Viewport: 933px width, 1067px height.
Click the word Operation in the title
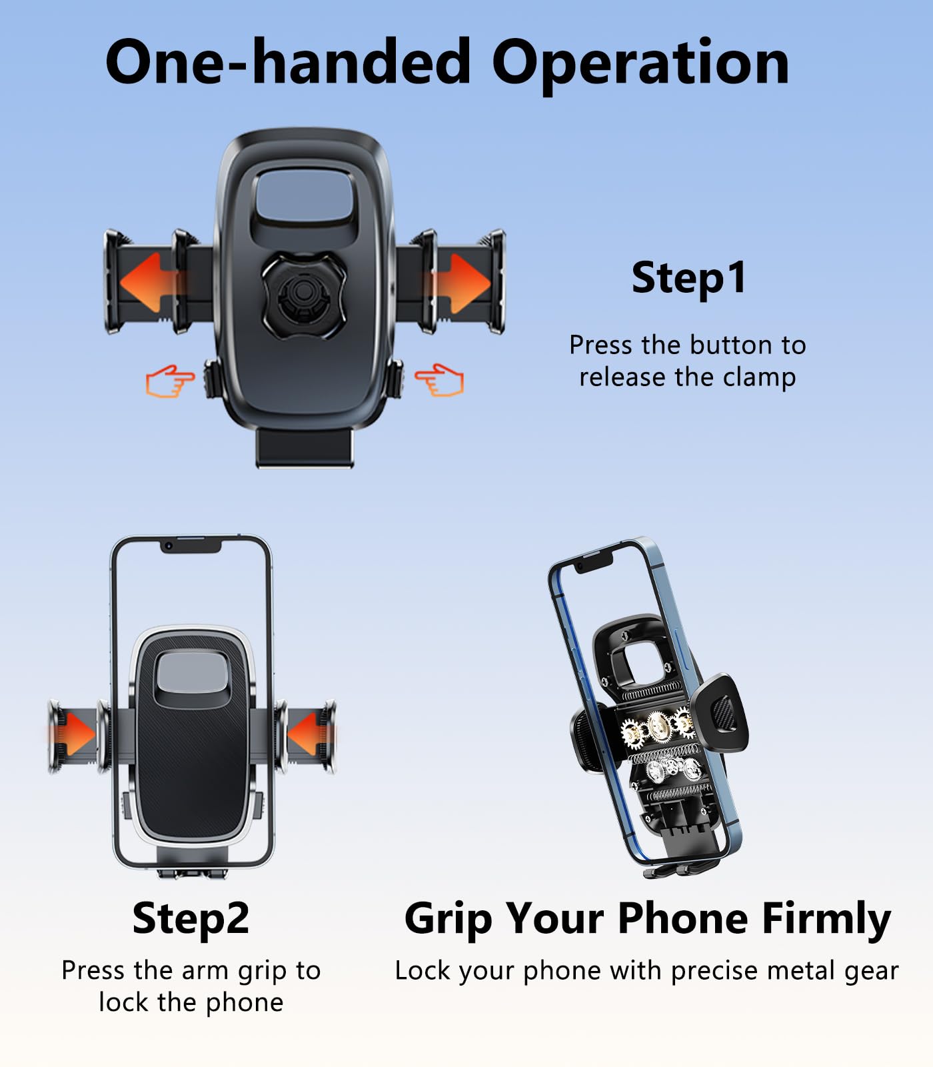(x=640, y=63)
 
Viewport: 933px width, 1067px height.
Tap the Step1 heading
(x=688, y=277)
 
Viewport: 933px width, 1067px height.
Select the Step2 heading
(x=191, y=918)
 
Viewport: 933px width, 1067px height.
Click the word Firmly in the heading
(x=826, y=918)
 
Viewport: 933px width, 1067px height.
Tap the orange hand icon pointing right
(x=170, y=380)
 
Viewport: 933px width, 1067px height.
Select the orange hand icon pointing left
(x=440, y=379)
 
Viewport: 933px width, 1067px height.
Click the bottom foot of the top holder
(x=304, y=447)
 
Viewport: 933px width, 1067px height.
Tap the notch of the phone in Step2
(x=191, y=546)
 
